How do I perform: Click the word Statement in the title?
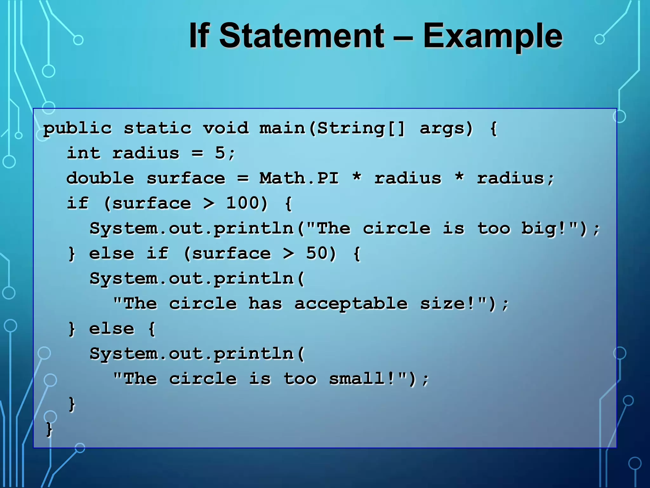(302, 36)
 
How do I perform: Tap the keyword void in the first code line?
(226, 128)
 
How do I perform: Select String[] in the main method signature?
(361, 128)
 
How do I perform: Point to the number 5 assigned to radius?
(220, 153)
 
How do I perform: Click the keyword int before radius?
(83, 153)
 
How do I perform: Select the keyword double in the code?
(100, 178)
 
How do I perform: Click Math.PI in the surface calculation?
(299, 178)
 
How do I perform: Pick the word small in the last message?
(356, 379)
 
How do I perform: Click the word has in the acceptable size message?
(265, 303)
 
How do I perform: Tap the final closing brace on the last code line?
(49, 429)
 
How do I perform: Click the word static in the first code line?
(157, 128)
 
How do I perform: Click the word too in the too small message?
(300, 379)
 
